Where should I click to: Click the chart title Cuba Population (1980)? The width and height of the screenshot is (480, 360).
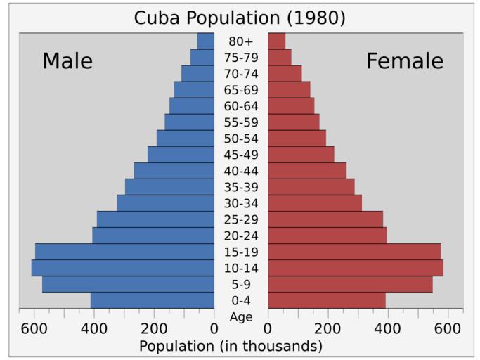tap(240, 18)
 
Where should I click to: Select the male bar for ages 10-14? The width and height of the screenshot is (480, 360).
tap(123, 268)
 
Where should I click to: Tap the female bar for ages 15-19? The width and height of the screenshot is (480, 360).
tap(354, 252)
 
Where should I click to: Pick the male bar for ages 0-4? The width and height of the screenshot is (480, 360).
tap(153, 300)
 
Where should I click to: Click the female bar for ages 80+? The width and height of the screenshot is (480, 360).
tap(277, 41)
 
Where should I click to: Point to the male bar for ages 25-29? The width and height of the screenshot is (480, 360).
tap(155, 219)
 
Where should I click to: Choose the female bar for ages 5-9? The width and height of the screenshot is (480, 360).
tap(350, 284)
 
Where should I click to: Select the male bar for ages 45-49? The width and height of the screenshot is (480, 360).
tap(181, 155)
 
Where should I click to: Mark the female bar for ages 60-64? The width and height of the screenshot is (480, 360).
tap(291, 105)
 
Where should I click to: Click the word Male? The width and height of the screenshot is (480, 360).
tap(67, 61)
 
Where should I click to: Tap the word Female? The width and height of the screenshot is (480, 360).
tap(405, 61)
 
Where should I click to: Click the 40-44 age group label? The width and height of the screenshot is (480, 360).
tap(241, 171)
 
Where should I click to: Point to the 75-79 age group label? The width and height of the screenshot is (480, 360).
tap(241, 58)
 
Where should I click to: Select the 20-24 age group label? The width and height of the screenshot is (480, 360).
tap(241, 236)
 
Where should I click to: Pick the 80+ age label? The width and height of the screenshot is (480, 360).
tap(241, 41)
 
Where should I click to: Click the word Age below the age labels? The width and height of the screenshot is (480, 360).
tap(241, 317)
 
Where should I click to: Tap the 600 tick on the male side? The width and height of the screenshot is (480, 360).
tap(34, 328)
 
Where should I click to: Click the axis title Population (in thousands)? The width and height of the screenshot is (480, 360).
tap(231, 346)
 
